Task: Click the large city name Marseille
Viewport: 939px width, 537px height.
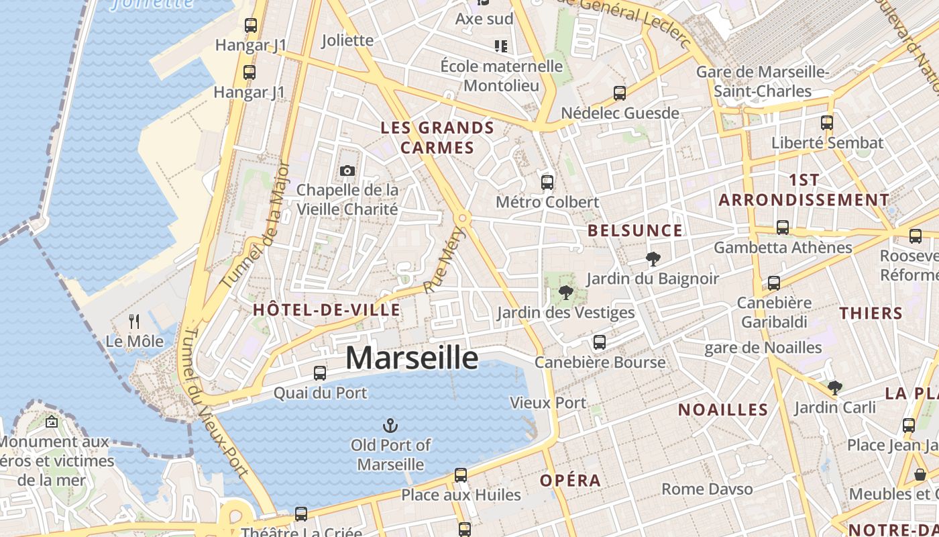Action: click(412, 358)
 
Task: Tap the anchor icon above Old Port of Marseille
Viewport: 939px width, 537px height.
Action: click(390, 425)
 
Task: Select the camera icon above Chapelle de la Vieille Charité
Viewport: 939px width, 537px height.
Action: click(347, 171)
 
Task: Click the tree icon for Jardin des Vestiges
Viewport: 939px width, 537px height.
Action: click(565, 292)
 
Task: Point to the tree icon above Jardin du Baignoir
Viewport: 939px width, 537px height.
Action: click(652, 258)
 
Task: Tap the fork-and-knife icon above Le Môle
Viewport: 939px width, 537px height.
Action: click(134, 322)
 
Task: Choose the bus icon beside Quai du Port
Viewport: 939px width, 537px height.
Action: click(320, 373)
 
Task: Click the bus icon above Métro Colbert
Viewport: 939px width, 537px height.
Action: click(547, 182)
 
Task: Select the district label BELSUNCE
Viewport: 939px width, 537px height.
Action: click(634, 231)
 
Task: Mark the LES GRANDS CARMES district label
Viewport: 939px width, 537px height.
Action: click(437, 138)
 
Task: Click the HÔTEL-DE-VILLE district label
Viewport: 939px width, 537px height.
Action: click(327, 310)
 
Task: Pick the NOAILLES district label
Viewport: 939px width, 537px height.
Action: click(723, 409)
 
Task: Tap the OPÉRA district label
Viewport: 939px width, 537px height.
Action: click(570, 481)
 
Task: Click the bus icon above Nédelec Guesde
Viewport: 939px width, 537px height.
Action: click(620, 93)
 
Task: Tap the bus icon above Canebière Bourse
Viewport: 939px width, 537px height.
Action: click(600, 342)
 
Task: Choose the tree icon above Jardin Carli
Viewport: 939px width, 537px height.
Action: click(834, 387)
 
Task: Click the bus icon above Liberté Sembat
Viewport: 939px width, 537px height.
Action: click(827, 123)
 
